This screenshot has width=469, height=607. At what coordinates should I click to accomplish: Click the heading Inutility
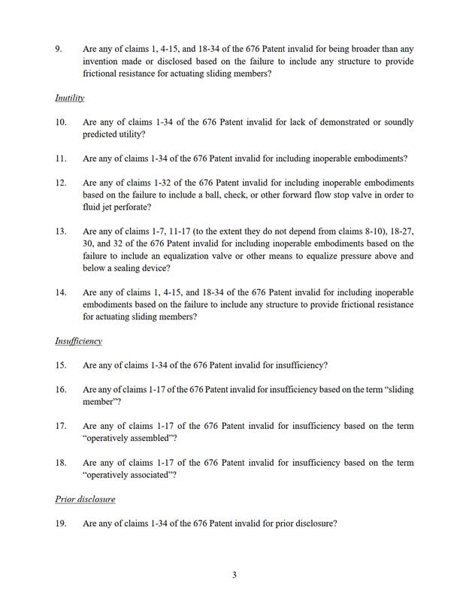pos(69,98)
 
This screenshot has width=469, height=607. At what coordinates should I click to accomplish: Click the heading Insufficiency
pos(78,341)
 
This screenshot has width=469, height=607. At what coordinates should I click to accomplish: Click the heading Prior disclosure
pos(85,499)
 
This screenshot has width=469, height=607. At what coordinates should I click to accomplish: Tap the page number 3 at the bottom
pos(234,575)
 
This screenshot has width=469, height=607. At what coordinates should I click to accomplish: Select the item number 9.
pos(58,49)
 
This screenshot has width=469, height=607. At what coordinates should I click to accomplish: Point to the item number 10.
pos(61,122)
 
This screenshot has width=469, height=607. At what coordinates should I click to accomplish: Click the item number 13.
pos(61,231)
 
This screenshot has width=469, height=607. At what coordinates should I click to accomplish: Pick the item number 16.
pos(61,389)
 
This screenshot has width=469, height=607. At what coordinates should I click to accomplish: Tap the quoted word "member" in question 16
pos(101,402)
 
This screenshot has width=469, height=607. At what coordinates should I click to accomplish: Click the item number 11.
pos(61,159)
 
